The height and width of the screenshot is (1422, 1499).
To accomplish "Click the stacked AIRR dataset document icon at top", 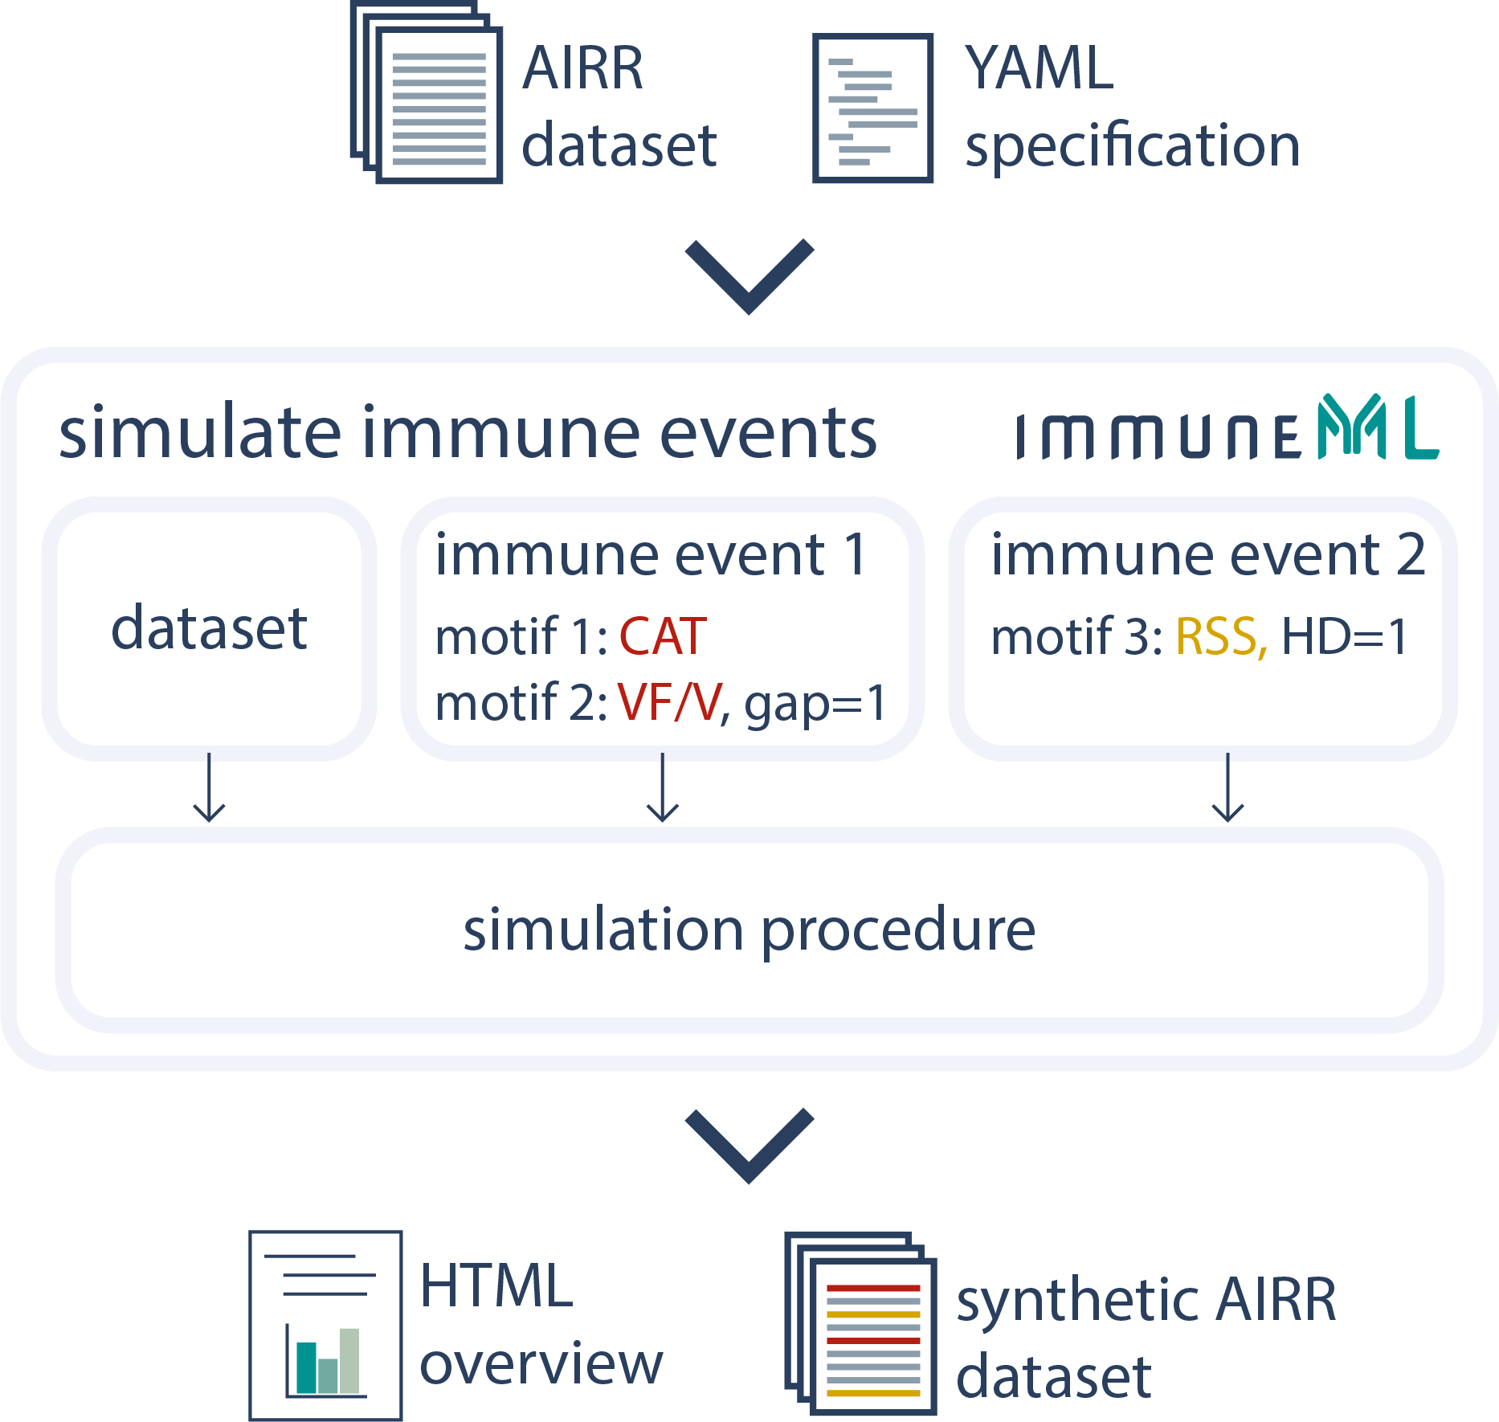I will [427, 94].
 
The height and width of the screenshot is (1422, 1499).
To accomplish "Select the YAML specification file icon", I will [872, 108].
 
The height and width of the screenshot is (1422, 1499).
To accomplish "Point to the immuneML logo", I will [1227, 430].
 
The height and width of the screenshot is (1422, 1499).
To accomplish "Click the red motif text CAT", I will [663, 636].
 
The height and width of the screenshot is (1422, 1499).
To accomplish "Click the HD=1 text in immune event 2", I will [1344, 636].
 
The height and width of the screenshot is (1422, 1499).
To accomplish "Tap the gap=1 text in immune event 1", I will [815, 704].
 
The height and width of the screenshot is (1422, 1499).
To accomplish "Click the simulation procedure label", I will [749, 930].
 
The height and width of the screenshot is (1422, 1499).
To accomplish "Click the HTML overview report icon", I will [325, 1325].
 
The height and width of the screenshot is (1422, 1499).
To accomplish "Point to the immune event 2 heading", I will [1208, 554].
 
